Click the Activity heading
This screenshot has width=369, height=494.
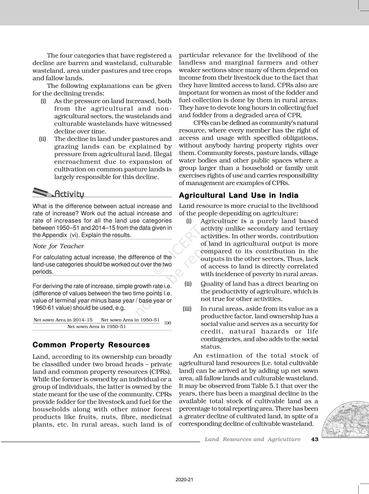[69, 194]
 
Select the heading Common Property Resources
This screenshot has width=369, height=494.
[91, 345]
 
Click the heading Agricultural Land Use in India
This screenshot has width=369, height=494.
[238, 195]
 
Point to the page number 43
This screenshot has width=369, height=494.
[315, 439]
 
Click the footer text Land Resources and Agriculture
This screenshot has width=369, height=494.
[252, 439]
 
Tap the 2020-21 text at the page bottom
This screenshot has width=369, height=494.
[184, 480]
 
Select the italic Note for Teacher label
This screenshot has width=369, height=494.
[58, 246]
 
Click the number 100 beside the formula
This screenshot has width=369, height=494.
[167, 323]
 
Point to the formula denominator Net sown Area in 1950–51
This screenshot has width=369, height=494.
[96, 327]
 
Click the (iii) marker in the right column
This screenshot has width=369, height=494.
[187, 309]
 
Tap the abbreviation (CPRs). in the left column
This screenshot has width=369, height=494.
[160, 372]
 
